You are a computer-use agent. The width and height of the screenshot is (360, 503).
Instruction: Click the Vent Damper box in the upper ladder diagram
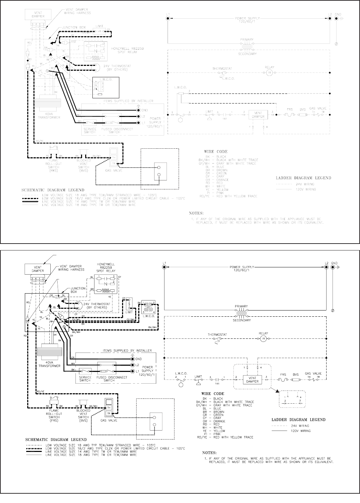pyautogui.click(x=258, y=115)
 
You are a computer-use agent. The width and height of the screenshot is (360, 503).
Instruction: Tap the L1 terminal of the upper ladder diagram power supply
pyautogui.click(x=168, y=18)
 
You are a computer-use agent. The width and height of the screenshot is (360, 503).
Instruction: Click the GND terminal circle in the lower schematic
pyautogui.click(x=133, y=359)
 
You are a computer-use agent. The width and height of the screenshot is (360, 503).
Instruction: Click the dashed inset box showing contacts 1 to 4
pyautogui.click(x=292, y=400)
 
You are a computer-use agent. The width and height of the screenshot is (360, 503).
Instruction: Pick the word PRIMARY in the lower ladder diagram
pyautogui.click(x=241, y=306)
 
